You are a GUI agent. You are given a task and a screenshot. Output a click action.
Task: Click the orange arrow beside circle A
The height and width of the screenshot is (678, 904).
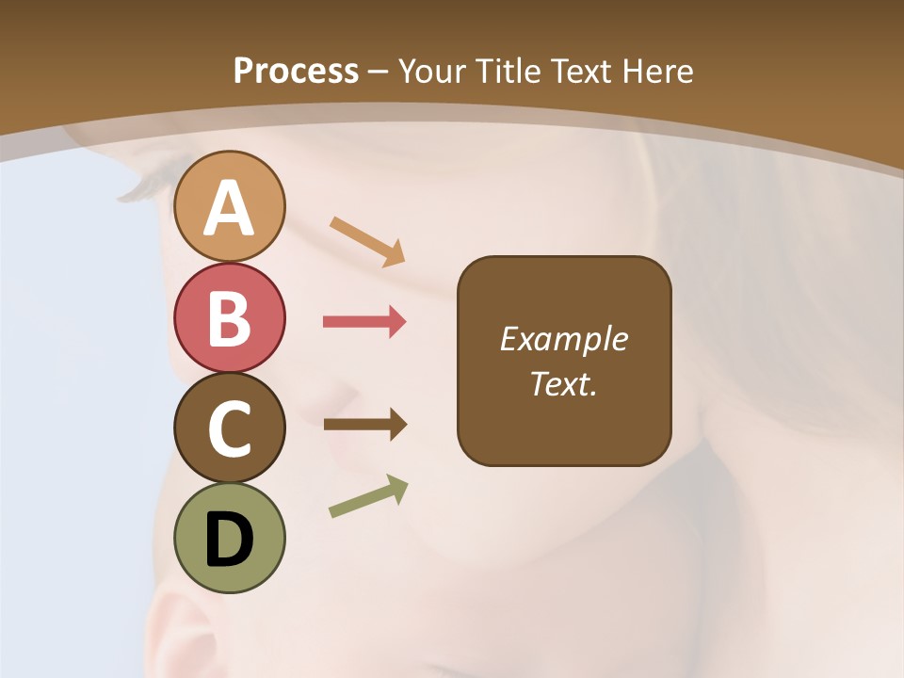[367, 240]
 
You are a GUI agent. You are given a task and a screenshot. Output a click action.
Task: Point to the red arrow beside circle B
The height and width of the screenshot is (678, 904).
[364, 322]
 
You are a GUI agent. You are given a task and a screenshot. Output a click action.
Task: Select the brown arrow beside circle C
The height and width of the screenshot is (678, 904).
[365, 425]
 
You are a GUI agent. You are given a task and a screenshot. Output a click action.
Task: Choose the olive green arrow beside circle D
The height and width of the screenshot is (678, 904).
[368, 496]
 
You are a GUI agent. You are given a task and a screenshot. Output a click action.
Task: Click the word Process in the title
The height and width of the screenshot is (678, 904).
[296, 71]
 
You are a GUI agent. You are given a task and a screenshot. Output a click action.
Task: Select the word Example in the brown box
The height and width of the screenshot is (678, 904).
[563, 339]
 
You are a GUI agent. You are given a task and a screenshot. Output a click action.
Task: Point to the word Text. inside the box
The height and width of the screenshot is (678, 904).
[563, 383]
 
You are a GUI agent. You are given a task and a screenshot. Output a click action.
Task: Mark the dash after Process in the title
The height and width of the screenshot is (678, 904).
[379, 72]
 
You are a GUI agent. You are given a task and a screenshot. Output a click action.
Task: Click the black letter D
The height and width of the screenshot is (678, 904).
[229, 540]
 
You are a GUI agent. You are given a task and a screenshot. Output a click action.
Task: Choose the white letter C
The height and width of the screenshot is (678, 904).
[229, 428]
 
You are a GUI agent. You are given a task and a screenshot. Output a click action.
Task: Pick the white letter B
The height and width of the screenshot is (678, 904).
[229, 317]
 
